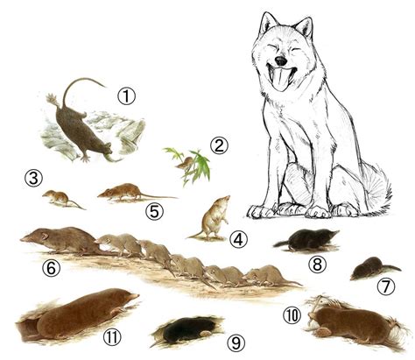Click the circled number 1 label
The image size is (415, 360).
tap(127, 96)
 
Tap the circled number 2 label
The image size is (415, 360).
tap(219, 146)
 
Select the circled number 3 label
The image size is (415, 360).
tap(33, 179)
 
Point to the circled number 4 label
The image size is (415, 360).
tap(238, 240)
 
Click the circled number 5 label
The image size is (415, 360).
tap(154, 212)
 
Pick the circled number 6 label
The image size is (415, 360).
tap(52, 268)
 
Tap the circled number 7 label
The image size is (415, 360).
tap(386, 286)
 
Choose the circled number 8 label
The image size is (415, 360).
tap(317, 265)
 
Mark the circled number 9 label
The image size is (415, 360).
tap(236, 343)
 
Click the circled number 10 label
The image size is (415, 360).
tap(292, 316)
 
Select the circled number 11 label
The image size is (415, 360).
tap(112, 338)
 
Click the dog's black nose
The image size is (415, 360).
tap(281, 60)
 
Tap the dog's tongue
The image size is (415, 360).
tap(280, 79)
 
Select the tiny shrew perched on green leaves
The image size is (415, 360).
tap(185, 164)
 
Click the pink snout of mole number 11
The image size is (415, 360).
tap(135, 296)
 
